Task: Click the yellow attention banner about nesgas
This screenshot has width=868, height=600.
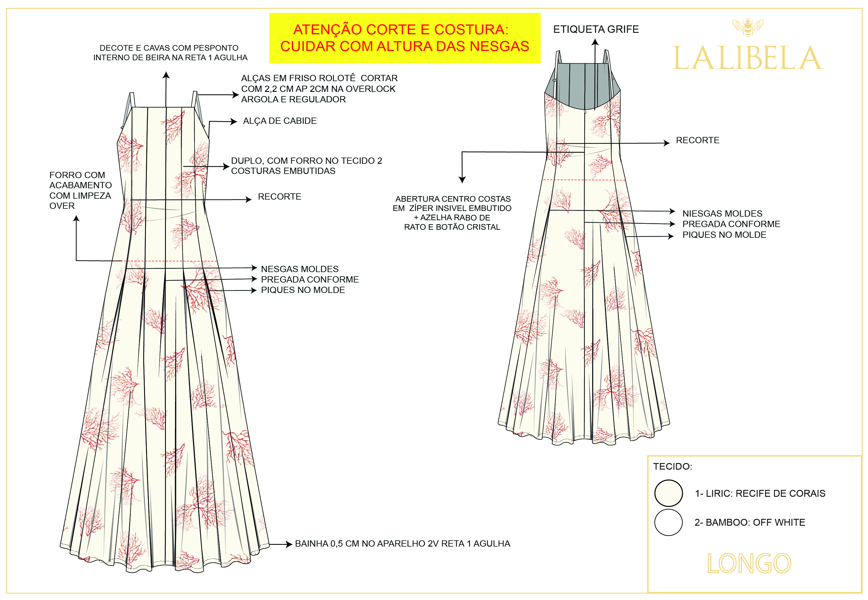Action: [x=405, y=38]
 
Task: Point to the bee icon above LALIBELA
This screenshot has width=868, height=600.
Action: [x=747, y=27]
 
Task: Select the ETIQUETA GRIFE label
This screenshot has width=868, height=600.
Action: [x=596, y=29]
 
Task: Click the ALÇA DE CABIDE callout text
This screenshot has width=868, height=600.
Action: [x=280, y=121]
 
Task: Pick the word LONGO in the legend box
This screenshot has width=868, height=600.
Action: [x=749, y=563]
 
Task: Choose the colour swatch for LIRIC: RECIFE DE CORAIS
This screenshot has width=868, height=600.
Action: [x=668, y=493]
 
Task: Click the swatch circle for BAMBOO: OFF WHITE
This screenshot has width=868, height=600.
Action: [x=668, y=522]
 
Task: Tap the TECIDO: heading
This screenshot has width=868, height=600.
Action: [x=673, y=467]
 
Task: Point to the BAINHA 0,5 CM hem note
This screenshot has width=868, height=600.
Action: [x=402, y=544]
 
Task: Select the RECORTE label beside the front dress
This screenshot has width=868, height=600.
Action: [x=279, y=197]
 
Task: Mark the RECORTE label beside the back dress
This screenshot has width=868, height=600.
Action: [x=697, y=140]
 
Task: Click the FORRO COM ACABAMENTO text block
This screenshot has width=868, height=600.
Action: [x=80, y=190]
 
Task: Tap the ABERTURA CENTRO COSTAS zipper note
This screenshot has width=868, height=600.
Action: [x=452, y=213]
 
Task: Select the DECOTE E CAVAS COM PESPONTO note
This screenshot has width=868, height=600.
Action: [x=170, y=53]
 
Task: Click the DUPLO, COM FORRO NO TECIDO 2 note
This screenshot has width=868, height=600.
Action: [x=306, y=166]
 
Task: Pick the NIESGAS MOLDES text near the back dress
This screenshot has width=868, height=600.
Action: [x=722, y=214]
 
